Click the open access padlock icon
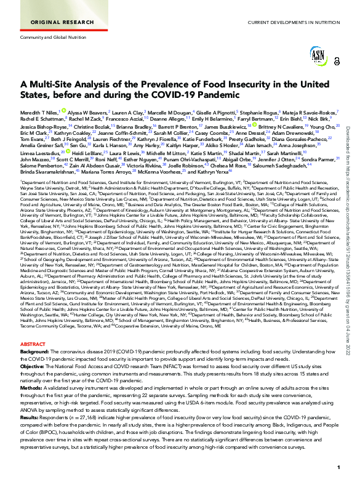tap(336, 61)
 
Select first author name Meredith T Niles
tap(41, 113)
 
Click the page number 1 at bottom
tap(338, 468)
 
